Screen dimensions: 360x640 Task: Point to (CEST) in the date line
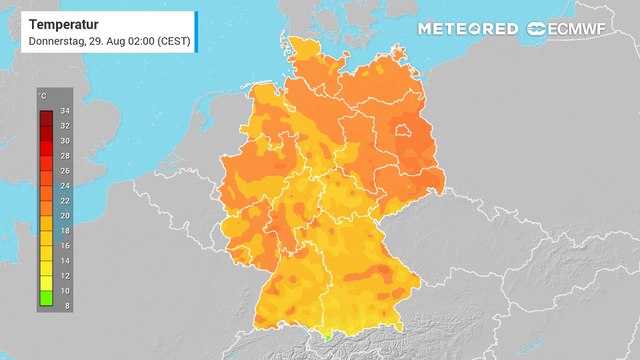(171, 41)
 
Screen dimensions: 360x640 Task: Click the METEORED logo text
(468, 28)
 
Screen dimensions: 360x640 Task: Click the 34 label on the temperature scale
(64, 110)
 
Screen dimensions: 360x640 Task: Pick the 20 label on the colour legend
(64, 214)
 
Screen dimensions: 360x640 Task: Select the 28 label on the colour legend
(64, 155)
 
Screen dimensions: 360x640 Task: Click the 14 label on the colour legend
(64, 259)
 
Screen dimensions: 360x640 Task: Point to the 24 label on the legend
(64, 185)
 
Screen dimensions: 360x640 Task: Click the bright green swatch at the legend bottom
(46, 297)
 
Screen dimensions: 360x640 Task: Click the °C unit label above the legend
(42, 96)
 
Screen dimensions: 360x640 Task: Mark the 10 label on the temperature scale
(64, 288)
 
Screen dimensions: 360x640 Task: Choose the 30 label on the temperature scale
(64, 140)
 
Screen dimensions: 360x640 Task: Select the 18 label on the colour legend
(64, 229)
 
